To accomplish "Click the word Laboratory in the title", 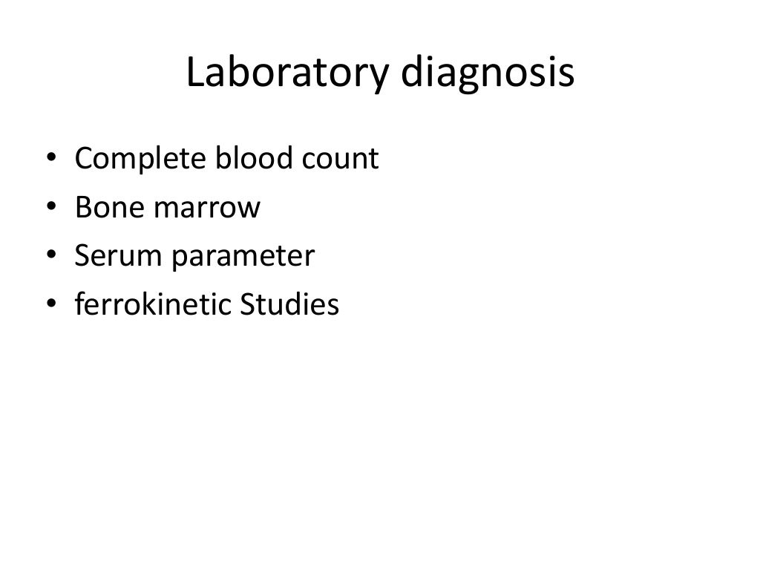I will point(284,74).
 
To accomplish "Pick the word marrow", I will point(207,209).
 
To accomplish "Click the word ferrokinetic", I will point(151,304).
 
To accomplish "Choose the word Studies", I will point(289,304).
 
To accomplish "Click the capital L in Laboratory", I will point(194,74).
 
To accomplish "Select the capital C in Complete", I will point(84,158).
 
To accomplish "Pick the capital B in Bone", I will point(83,207).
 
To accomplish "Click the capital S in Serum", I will point(82,256).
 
